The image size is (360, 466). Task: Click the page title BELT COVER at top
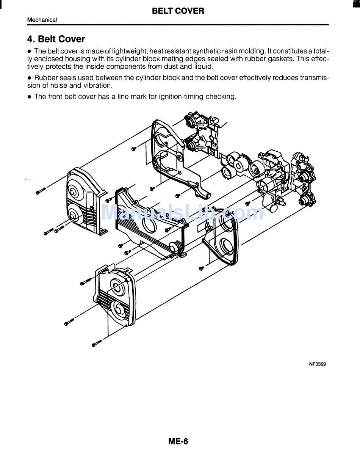178,11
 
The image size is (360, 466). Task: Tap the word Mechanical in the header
42,20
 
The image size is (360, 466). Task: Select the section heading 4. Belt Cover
56,39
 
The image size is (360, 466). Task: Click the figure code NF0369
317,364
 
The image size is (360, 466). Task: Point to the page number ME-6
178,441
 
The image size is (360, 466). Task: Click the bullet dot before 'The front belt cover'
29,97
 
